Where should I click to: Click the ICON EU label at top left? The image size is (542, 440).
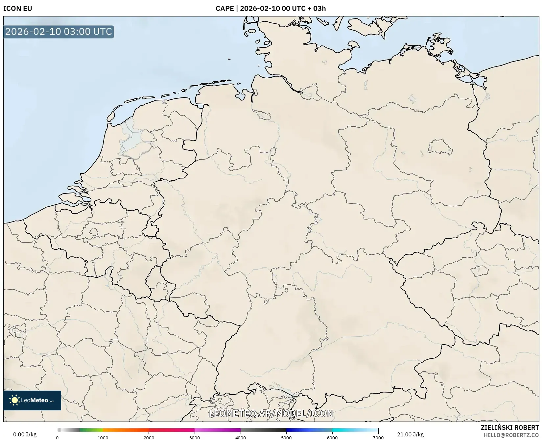18,9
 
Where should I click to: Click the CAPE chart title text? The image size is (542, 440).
271,9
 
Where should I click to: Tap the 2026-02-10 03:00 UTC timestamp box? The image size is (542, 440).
59,32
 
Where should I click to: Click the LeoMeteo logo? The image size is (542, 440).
32,400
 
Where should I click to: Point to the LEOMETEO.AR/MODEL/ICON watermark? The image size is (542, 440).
271,413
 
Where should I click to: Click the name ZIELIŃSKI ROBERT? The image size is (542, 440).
510,427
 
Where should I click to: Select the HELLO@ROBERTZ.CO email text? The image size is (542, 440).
511,435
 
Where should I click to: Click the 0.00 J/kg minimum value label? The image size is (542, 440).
25,434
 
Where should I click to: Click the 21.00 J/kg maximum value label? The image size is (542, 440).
410,434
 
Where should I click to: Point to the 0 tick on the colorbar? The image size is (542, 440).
57,438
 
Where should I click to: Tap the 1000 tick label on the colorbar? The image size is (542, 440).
103,438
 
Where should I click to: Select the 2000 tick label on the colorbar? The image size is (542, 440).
149,438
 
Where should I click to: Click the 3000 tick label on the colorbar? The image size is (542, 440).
195,438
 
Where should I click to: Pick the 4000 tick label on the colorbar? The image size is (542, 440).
241,438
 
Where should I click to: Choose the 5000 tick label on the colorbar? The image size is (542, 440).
286,438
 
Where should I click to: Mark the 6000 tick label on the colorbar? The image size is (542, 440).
332,438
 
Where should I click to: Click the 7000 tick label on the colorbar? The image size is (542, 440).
378,438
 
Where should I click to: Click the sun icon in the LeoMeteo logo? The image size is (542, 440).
14,400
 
